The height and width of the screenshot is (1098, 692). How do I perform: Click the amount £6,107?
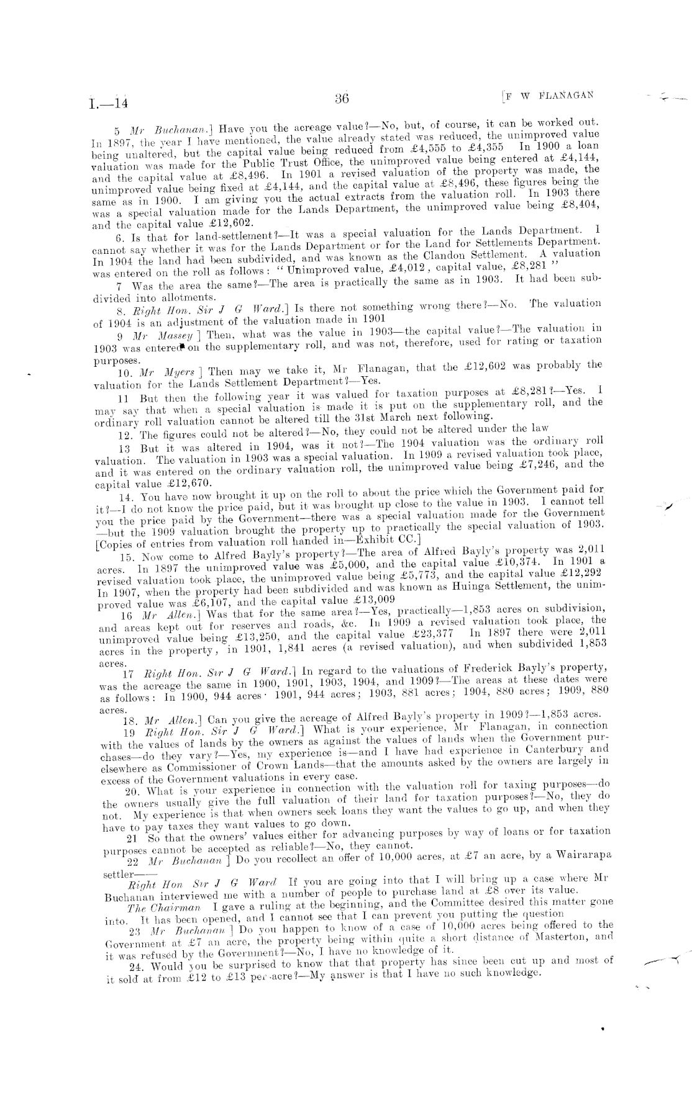[x=196, y=600]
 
